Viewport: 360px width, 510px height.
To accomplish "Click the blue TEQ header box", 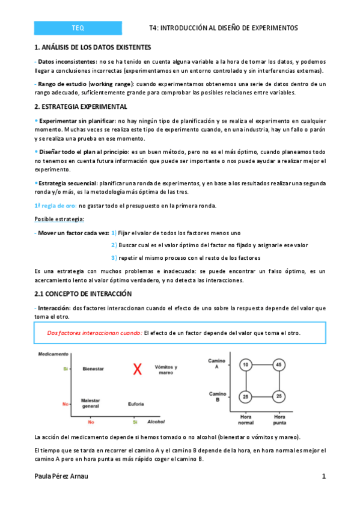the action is (78, 28).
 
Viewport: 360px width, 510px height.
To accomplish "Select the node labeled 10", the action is (245, 364).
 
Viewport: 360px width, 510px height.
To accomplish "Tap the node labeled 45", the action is (278, 364).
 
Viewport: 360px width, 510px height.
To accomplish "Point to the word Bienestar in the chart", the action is (93, 369).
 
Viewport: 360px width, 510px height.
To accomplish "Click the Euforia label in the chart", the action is (136, 404).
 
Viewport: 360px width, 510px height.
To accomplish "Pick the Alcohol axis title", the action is (157, 422).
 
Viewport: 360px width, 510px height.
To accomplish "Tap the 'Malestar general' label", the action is (91, 403).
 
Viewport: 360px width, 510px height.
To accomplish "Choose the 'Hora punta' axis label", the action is (279, 419).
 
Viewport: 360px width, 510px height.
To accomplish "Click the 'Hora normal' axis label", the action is (245, 419).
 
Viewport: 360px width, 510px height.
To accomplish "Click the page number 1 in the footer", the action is (323, 476).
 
